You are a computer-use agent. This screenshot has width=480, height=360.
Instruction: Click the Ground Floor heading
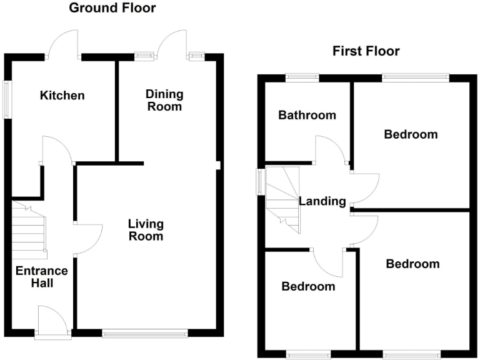pyautogui.click(x=112, y=8)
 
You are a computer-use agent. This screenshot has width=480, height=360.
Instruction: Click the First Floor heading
pyautogui.click(x=366, y=51)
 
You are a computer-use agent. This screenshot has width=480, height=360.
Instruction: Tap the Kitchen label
pyautogui.click(x=62, y=96)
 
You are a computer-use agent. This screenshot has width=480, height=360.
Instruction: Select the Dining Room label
pyautogui.click(x=164, y=100)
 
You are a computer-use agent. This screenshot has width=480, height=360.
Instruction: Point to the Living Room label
pyautogui.click(x=146, y=230)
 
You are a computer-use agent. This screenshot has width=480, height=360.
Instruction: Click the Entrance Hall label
pyautogui.click(x=41, y=277)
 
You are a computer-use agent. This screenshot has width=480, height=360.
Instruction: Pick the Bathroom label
pyautogui.click(x=307, y=115)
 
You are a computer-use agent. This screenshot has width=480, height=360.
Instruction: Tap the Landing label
pyautogui.click(x=322, y=201)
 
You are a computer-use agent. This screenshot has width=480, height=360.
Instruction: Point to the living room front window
pyautogui.click(x=144, y=333)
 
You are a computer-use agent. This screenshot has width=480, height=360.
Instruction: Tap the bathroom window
pyautogui.click(x=302, y=77)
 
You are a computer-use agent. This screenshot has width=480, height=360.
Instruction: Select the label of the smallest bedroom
pyautogui.click(x=307, y=287)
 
